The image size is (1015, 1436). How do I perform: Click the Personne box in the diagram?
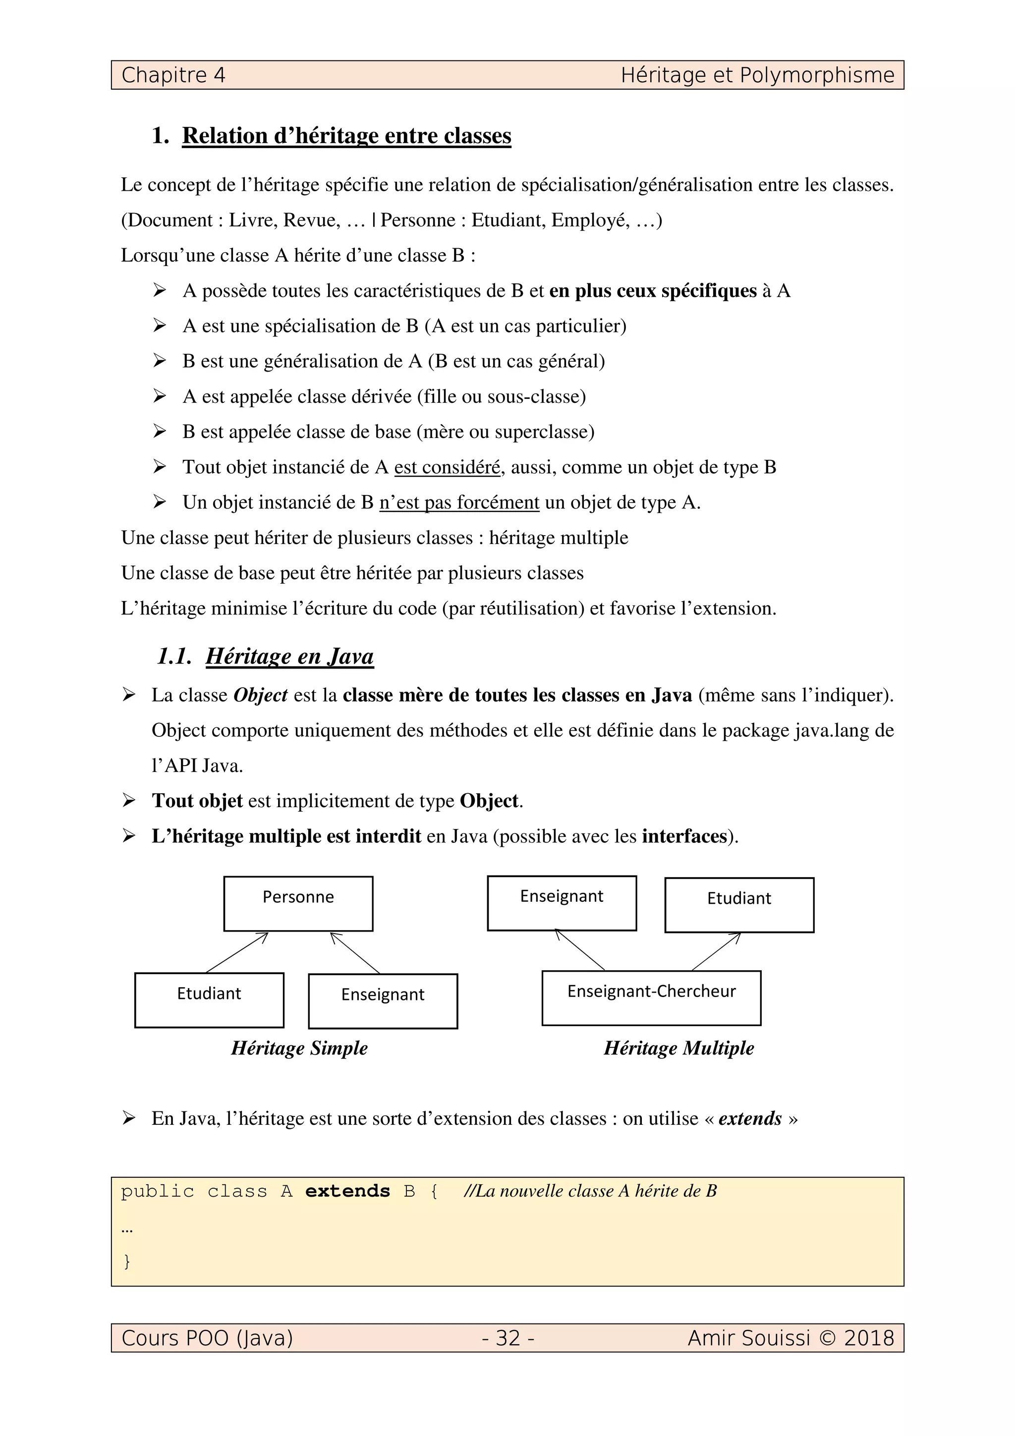coord(298,903)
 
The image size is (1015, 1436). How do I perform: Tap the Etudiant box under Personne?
coord(209,999)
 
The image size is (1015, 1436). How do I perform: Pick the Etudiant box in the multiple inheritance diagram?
coord(739,904)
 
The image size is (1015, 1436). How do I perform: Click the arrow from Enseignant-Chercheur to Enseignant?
coord(580,950)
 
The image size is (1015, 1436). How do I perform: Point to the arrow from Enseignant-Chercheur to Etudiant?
coord(717,951)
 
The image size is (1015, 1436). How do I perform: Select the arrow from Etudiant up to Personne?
coord(237,952)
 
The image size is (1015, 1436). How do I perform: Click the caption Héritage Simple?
coord(299,1048)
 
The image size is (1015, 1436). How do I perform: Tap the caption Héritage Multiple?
coord(678,1048)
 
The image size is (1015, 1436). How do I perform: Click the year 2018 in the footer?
coord(869,1338)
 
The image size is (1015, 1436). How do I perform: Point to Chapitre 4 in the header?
coord(173,75)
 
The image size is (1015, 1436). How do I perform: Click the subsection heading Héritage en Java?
coord(289,656)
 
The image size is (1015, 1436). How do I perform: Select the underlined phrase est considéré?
coord(447,467)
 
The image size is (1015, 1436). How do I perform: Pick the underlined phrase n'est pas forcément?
coord(459,502)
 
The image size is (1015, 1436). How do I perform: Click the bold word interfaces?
coord(684,836)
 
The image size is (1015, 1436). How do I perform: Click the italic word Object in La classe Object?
coord(260,695)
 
